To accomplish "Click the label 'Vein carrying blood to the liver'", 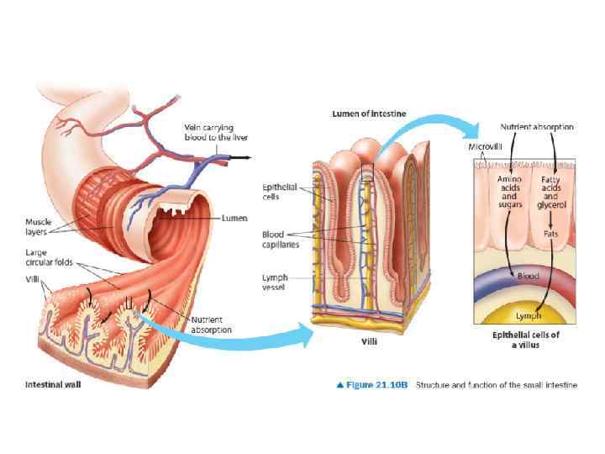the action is [x=215, y=132].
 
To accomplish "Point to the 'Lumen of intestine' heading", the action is [x=369, y=113].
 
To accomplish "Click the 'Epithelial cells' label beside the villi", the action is [x=279, y=191].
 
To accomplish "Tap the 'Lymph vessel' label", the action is [x=275, y=282].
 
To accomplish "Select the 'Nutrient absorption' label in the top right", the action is [x=537, y=127].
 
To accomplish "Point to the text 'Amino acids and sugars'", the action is [x=509, y=191].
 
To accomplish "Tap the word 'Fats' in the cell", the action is [x=551, y=233].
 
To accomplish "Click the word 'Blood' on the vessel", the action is [x=528, y=276].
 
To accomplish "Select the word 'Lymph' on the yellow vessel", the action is [x=528, y=316].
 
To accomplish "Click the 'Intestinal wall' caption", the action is [x=52, y=384].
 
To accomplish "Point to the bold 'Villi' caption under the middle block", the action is [x=369, y=341].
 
